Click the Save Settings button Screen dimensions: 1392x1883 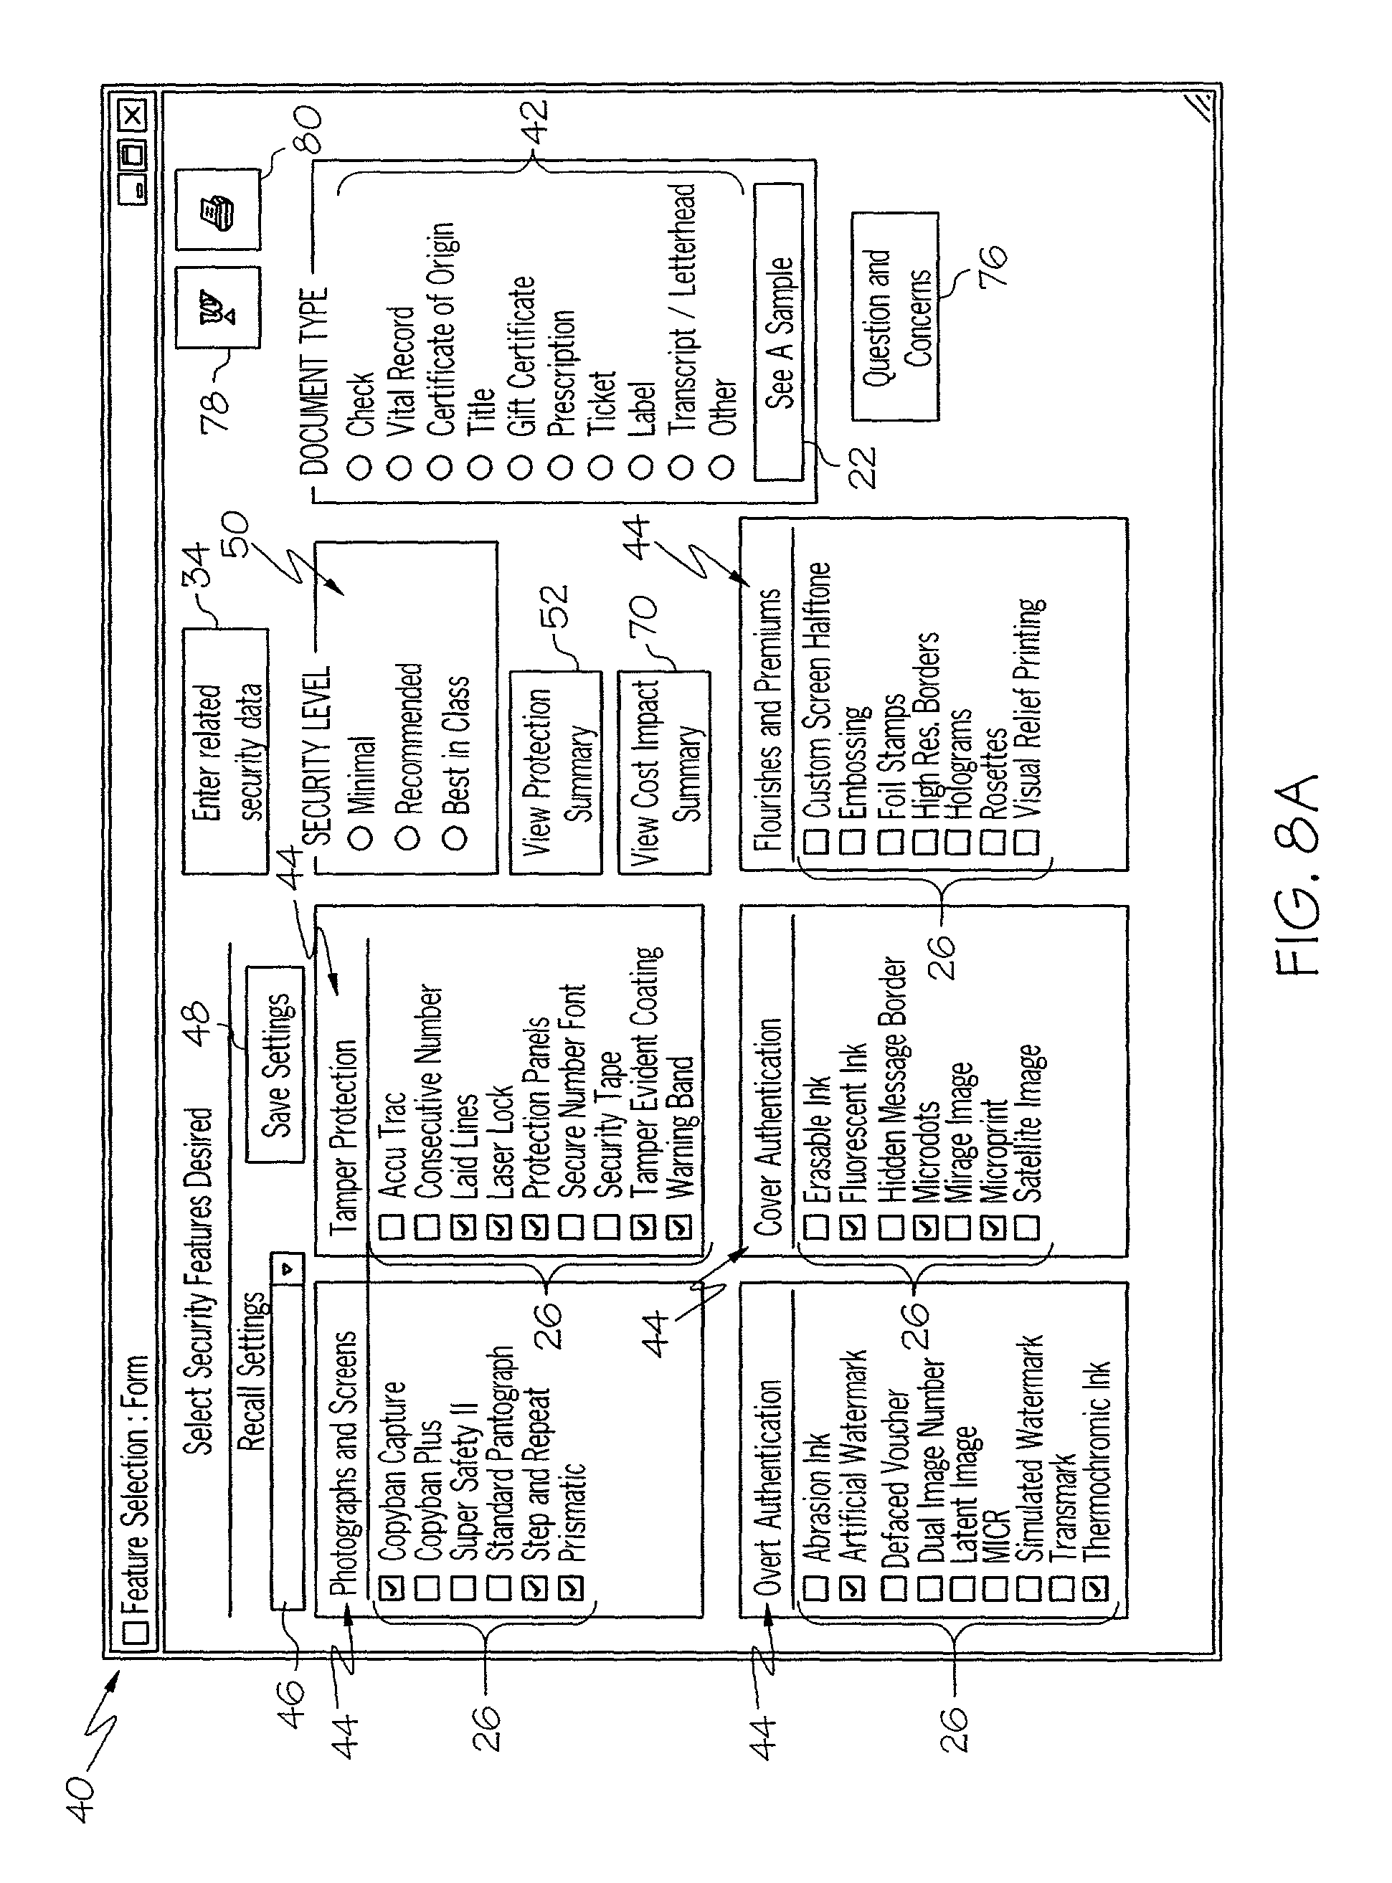coord(275,1064)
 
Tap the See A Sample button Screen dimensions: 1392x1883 coord(777,332)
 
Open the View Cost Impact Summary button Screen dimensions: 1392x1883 coord(664,772)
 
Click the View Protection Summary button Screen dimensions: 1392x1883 coord(555,772)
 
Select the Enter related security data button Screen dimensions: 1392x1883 coord(225,751)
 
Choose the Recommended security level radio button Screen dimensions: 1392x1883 coord(408,838)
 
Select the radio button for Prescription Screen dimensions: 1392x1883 coord(560,466)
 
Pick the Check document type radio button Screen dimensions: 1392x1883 coord(359,466)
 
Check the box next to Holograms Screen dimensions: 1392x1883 coord(958,841)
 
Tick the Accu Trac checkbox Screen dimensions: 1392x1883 coord(392,1227)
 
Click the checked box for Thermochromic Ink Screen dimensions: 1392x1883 coord(1094,1588)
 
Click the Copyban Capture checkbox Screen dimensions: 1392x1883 coord(392,1588)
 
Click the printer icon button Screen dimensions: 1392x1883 coord(217,209)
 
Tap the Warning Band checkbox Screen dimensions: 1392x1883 coord(679,1227)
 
